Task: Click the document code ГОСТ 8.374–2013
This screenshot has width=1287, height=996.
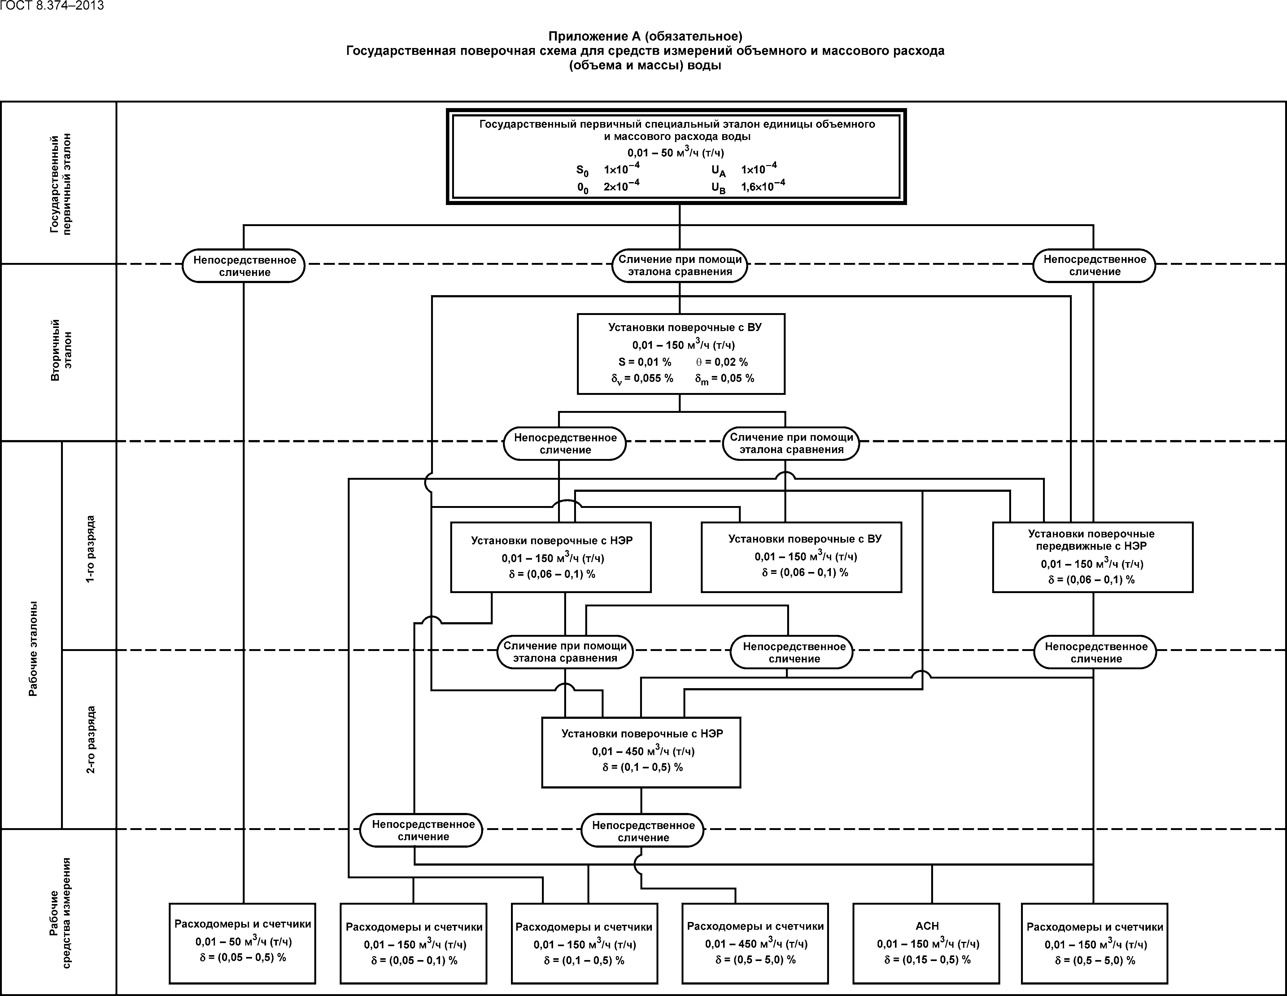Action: pyautogui.click(x=52, y=6)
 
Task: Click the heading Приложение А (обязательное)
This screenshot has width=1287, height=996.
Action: pyautogui.click(x=645, y=37)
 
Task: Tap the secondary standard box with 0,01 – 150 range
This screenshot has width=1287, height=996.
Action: pyautogui.click(x=681, y=354)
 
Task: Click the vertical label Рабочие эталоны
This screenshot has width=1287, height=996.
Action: pyautogui.click(x=33, y=648)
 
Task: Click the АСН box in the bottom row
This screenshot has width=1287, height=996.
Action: pyautogui.click(x=926, y=943)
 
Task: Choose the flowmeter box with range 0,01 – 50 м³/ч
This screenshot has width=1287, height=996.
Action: pyautogui.click(x=242, y=943)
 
